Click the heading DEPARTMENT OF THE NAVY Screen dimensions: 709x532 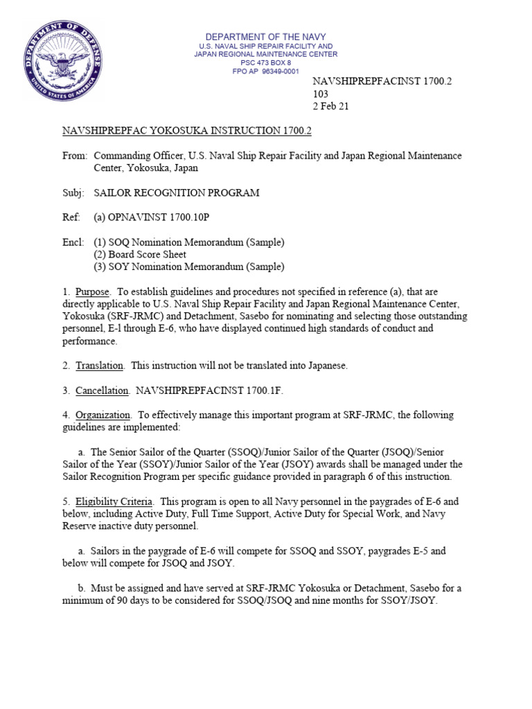[x=266, y=37]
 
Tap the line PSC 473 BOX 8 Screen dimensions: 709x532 [x=266, y=63]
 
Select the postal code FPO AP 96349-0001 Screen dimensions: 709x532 [x=266, y=71]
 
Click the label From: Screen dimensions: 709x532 [x=75, y=156]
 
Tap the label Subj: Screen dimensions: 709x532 [x=74, y=192]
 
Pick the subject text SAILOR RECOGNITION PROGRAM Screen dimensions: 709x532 [x=177, y=192]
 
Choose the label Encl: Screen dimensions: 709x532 [x=74, y=242]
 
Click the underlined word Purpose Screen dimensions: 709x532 [x=92, y=291]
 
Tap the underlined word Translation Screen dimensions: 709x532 [x=99, y=365]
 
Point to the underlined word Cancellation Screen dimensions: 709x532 [x=102, y=391]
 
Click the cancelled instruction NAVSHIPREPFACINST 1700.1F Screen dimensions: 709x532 [x=209, y=391]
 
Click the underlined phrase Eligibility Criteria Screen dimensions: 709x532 [x=112, y=501]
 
